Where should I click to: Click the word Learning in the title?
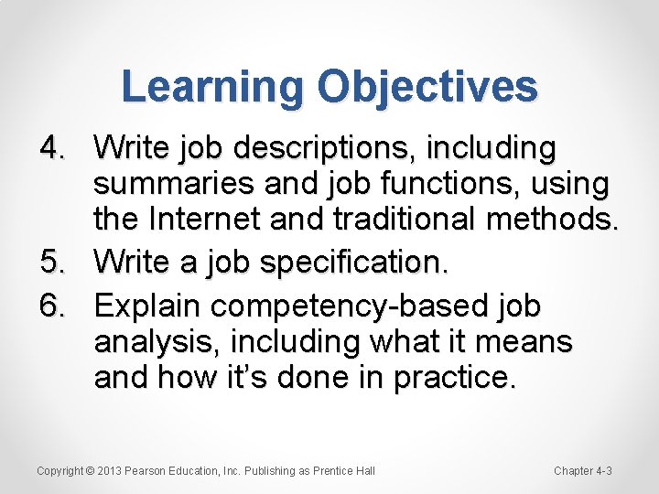click(x=212, y=88)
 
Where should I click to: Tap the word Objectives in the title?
click(x=427, y=88)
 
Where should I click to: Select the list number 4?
click(x=51, y=146)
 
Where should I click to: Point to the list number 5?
click(x=51, y=263)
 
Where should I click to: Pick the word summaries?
click(x=171, y=185)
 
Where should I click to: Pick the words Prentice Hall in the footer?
click(x=343, y=471)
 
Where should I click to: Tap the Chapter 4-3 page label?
click(x=583, y=471)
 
